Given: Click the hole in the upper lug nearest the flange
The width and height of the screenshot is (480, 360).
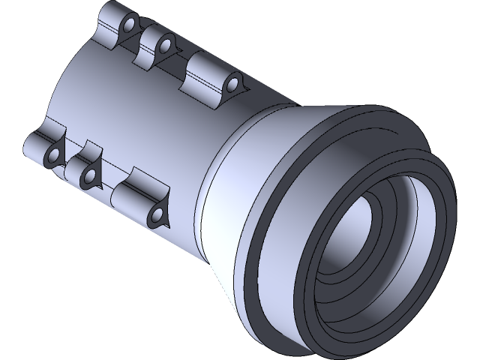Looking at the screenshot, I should point(232,82).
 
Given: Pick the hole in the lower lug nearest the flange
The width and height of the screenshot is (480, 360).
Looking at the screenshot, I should point(158,216).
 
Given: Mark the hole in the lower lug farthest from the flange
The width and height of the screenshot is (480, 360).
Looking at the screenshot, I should point(54,155).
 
